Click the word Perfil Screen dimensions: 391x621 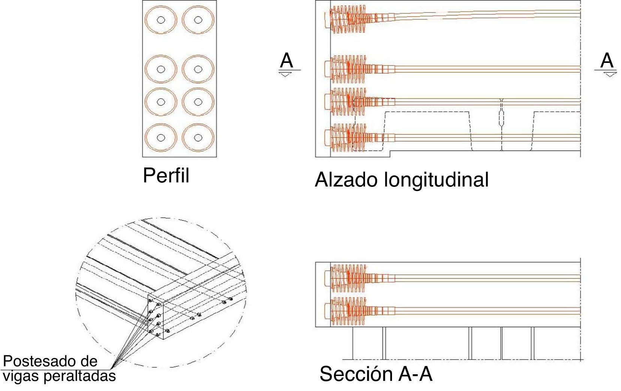166,175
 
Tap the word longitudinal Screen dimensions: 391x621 436,180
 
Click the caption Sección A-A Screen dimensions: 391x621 376,374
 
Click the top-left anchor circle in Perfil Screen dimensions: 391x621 161,20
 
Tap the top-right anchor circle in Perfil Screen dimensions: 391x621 198,20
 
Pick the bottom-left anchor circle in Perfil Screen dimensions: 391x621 161,137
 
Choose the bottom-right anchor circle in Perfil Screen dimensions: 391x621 198,137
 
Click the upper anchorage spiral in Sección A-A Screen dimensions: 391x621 347,278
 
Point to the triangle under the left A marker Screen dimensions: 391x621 285,75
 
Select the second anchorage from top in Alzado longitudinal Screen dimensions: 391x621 347,69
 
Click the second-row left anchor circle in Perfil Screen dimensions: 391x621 161,69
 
